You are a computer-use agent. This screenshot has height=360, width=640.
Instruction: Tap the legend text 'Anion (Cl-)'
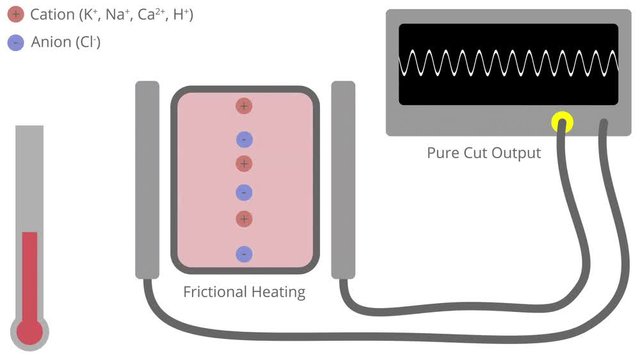(x=67, y=42)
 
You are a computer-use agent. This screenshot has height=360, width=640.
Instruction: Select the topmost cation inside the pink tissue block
(x=244, y=106)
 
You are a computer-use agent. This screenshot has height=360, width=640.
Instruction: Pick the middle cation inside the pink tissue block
(x=244, y=163)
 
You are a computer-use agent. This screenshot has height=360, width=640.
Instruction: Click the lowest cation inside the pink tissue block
(x=244, y=218)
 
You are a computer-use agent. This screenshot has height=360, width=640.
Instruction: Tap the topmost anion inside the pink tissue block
(x=244, y=139)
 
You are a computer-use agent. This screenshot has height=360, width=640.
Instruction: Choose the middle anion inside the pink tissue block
(x=244, y=192)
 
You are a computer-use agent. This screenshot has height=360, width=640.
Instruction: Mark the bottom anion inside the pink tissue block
(x=244, y=254)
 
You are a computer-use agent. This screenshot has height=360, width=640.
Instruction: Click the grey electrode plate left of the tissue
(x=147, y=180)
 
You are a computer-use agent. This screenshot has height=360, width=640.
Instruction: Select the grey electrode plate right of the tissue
(x=343, y=180)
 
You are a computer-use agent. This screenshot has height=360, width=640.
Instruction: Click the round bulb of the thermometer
(x=29, y=330)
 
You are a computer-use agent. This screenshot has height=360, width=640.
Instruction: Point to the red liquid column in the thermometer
(x=29, y=275)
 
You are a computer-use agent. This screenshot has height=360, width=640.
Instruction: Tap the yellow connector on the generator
(x=561, y=122)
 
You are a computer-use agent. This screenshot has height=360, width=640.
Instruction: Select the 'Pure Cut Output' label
(x=482, y=153)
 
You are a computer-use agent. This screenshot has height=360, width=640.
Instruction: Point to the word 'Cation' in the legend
(x=51, y=16)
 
